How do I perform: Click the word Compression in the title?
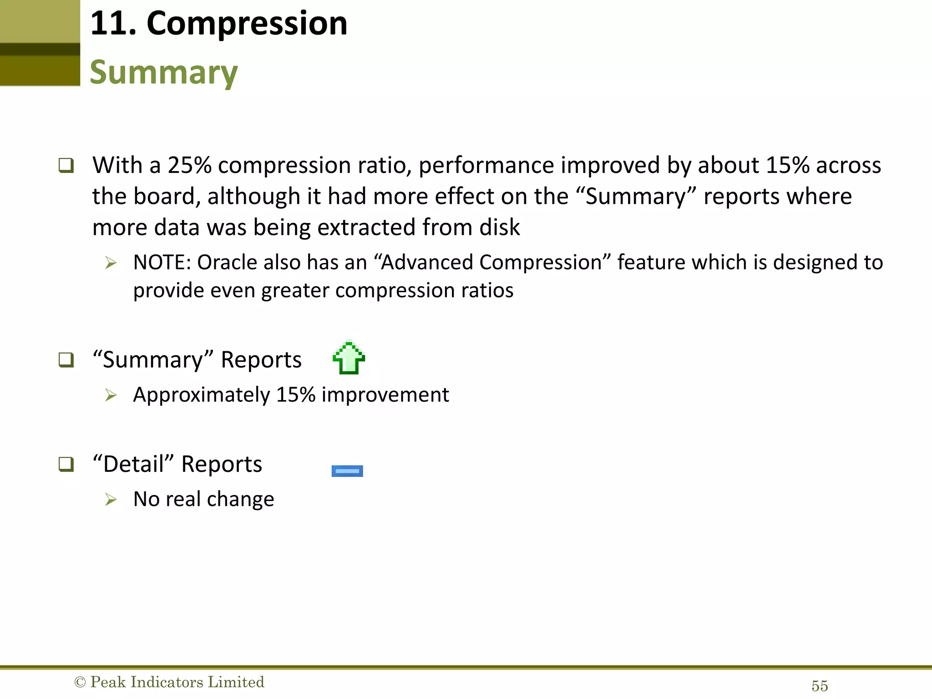tap(247, 24)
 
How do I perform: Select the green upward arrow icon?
tap(349, 358)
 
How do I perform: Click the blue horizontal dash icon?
tap(347, 471)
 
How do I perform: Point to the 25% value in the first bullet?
tap(189, 165)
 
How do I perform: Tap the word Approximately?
tap(202, 395)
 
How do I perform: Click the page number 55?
tap(820, 686)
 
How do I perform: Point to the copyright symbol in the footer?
tap(80, 682)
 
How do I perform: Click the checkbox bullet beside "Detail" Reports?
tap(66, 464)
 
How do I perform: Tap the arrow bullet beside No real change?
tap(111, 500)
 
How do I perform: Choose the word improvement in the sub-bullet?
tap(385, 395)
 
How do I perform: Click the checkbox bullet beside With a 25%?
tap(66, 165)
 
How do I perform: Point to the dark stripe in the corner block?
tap(40, 49)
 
